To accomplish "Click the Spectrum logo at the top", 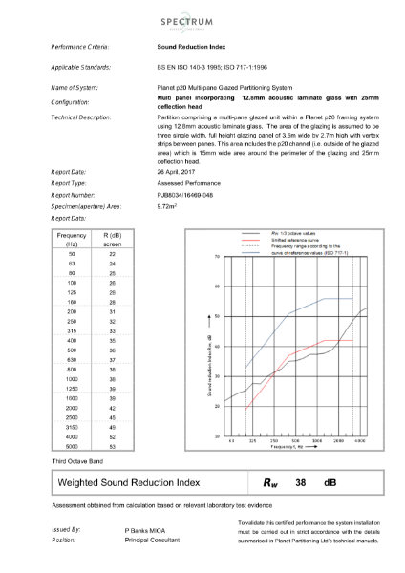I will pos(202,20).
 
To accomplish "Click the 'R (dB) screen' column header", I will pos(112,239).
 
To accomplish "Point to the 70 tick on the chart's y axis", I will pos(218,258).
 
